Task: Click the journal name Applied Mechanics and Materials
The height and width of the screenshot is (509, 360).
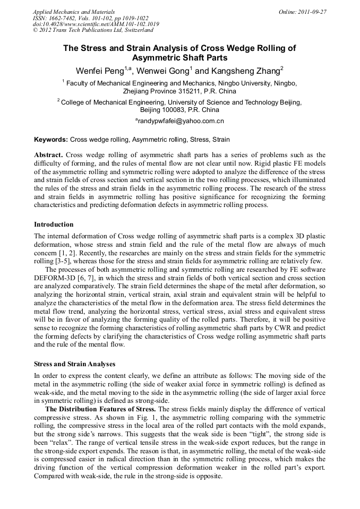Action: [x=74, y=12]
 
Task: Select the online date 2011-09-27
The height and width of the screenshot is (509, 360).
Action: [x=313, y=12]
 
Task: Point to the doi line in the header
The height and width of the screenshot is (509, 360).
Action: [x=96, y=24]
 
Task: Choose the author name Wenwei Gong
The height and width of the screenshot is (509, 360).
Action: [x=162, y=71]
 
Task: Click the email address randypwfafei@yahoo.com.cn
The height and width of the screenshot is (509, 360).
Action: [x=181, y=121]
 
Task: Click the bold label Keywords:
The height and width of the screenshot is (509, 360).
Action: [x=51, y=140]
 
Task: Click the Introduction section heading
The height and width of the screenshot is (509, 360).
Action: [x=54, y=225]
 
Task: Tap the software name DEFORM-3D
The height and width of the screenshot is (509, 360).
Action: [x=57, y=278]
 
